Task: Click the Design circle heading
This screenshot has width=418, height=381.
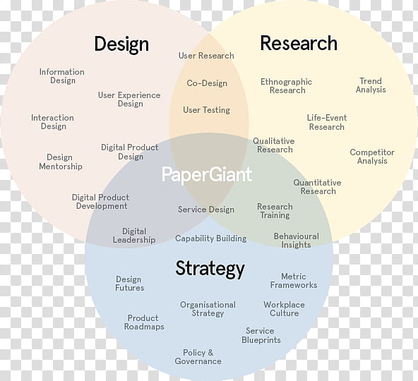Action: tap(121, 44)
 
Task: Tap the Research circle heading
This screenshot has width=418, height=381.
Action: tap(299, 43)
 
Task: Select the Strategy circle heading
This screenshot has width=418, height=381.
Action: tap(210, 269)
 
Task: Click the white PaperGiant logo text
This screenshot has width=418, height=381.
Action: tap(207, 175)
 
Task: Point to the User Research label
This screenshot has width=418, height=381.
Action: tap(206, 56)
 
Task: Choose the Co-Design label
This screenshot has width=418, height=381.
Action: tap(207, 83)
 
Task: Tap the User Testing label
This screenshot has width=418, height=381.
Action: tap(206, 110)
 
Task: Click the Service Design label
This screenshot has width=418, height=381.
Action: tap(206, 210)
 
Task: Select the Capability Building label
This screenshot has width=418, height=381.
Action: tap(211, 238)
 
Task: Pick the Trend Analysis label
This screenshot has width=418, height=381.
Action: tap(371, 85)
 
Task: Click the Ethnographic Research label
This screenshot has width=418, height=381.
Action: tap(286, 86)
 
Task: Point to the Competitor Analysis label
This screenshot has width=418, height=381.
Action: tap(372, 157)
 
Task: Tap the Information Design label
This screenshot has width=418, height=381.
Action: tap(62, 76)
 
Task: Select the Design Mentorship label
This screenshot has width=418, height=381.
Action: tap(61, 162)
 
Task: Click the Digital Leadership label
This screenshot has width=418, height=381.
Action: tap(134, 236)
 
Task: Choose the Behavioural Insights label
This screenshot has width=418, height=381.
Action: tap(296, 241)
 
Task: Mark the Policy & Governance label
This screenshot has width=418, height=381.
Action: tap(198, 357)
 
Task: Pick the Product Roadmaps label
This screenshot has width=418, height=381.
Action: tap(144, 322)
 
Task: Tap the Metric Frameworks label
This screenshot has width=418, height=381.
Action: tap(294, 281)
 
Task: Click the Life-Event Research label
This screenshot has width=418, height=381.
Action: tap(327, 122)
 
